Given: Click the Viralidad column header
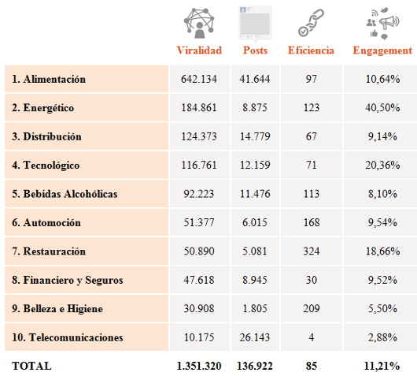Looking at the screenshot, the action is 199,50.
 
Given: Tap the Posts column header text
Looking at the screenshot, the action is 255,50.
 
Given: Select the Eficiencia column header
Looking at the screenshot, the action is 311,50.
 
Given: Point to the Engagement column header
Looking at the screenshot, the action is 382,50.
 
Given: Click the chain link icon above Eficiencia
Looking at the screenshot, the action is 311,23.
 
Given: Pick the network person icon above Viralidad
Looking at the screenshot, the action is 199,23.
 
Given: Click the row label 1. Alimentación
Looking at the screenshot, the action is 49,79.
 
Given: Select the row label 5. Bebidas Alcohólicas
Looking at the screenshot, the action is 65,194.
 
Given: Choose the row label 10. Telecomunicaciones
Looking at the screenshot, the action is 68,337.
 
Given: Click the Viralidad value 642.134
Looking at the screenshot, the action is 199,79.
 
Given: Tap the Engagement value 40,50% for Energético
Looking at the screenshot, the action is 382,108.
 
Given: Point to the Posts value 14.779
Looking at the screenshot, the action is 255,136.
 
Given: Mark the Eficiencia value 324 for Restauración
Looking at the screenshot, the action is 312,251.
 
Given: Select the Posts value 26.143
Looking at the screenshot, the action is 255,337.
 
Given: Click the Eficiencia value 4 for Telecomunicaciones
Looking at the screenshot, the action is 312,337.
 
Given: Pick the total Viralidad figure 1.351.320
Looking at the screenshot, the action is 199,366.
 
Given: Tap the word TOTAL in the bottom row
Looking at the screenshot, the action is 31,366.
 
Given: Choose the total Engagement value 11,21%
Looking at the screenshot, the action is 382,366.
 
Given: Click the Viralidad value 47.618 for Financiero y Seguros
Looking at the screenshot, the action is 199,280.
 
